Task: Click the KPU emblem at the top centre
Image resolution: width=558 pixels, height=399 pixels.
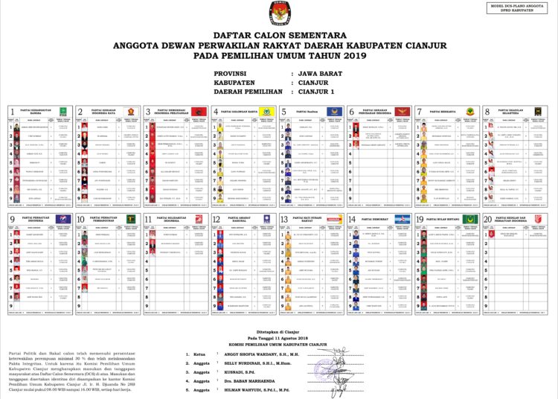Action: (x=279, y=13)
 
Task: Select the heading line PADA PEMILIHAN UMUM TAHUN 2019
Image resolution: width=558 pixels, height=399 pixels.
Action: (x=278, y=55)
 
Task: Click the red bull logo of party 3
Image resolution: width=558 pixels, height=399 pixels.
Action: (x=198, y=112)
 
